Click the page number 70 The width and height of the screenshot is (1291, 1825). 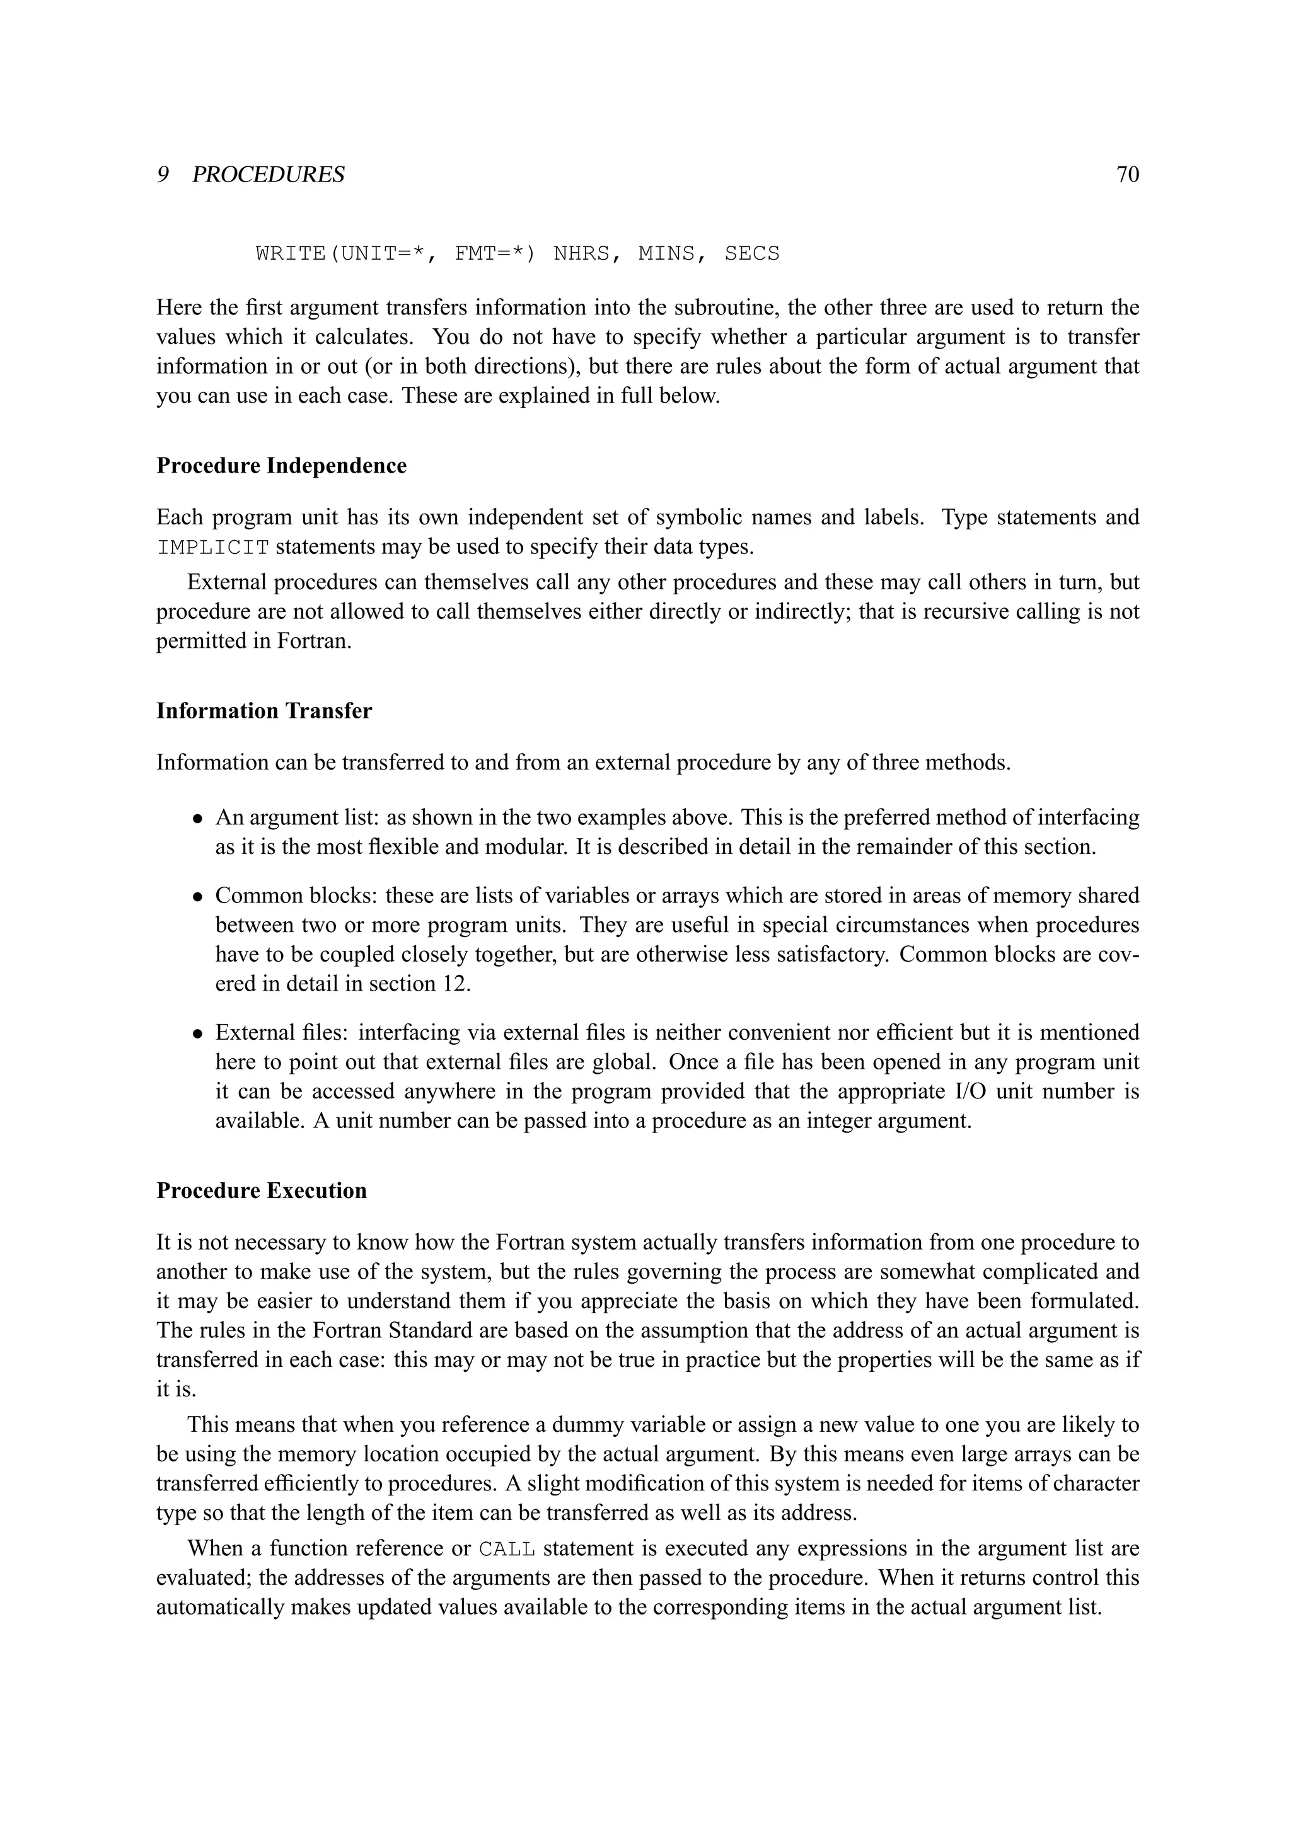pos(1127,175)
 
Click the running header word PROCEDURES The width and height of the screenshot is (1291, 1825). pos(268,175)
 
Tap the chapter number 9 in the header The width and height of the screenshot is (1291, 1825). pos(162,175)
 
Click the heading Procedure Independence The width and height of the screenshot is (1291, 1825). pos(281,465)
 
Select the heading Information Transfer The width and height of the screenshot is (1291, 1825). pos(264,711)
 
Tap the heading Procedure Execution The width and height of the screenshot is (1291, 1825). pos(262,1190)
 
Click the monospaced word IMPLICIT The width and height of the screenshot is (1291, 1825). pos(213,548)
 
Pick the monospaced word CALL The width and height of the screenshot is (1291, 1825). pos(506,1549)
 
